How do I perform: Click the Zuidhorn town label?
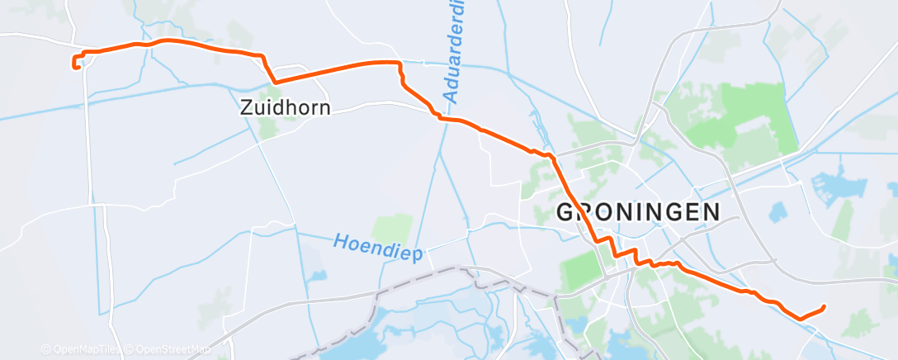285,107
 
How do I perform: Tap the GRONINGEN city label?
638,211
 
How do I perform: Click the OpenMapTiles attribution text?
83,349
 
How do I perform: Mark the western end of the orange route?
76,66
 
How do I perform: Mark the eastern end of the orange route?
824,307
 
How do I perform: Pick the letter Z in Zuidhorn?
246,107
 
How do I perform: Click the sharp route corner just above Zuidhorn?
275,82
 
